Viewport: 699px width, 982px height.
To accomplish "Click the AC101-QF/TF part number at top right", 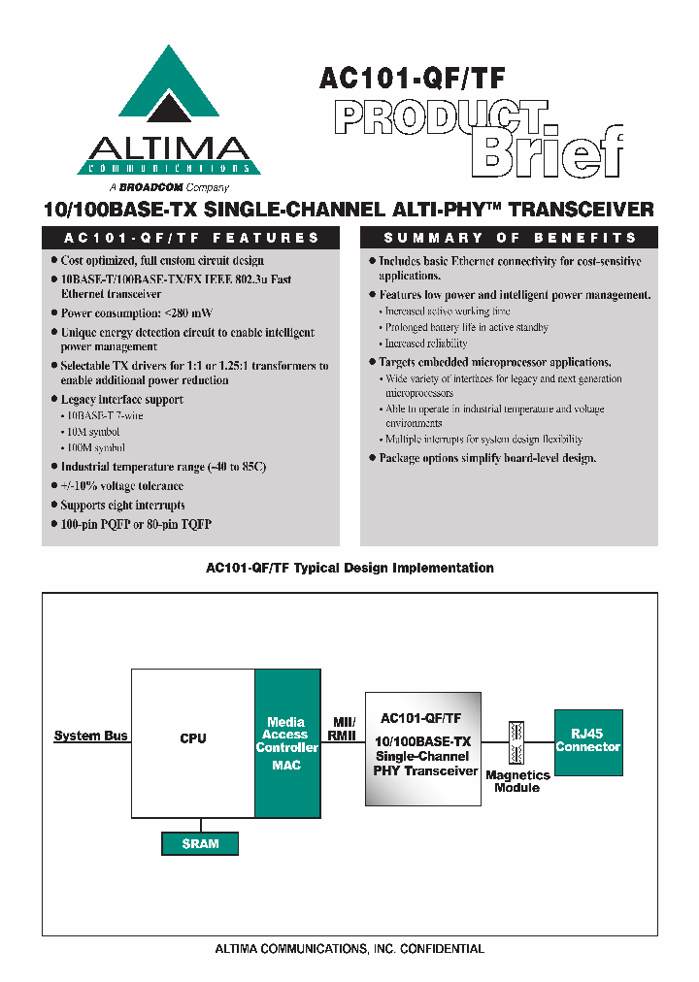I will [412, 78].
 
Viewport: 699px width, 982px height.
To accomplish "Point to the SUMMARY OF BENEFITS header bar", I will [510, 238].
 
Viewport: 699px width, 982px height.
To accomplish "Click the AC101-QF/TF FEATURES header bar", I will [191, 238].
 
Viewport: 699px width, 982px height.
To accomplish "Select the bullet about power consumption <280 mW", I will [136, 313].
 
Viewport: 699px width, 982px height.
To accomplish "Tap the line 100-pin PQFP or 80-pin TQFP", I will [136, 524].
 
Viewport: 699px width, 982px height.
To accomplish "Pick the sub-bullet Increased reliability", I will [425, 344].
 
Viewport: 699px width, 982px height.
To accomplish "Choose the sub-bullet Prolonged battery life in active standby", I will [466, 328].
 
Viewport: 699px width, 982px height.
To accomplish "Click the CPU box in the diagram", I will [193, 739].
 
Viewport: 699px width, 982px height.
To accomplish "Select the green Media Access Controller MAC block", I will [286, 743].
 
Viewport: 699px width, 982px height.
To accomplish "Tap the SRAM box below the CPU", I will [200, 844].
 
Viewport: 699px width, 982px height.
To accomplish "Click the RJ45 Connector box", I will [587, 742].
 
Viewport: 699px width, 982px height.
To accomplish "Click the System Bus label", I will [90, 736].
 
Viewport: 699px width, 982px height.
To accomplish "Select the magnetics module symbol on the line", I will [516, 742].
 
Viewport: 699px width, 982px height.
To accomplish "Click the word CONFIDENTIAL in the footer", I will [435, 949].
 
